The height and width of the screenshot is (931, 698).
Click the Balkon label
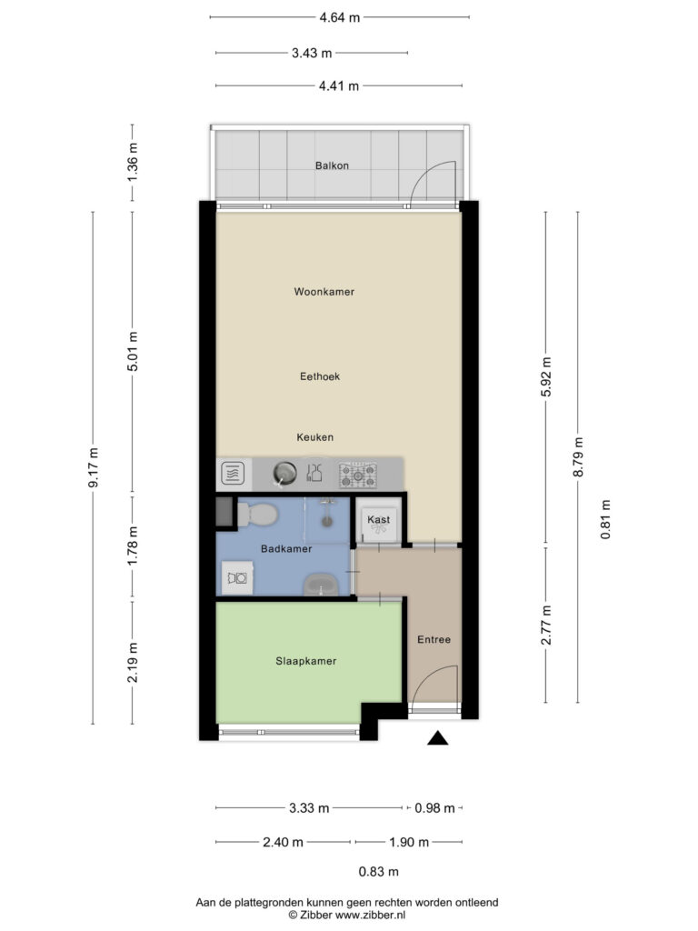tap(332, 165)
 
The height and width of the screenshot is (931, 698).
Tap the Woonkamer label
tap(324, 292)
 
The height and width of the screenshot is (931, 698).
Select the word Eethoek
tap(320, 376)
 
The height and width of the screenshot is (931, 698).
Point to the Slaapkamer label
tap(305, 661)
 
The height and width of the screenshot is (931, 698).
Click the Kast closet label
tap(379, 519)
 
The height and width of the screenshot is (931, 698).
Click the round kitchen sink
tap(284, 474)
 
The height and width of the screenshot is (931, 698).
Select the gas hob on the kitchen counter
tap(358, 475)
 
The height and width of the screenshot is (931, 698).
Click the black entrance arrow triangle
tap(438, 737)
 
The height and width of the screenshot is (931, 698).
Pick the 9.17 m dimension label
tap(94, 468)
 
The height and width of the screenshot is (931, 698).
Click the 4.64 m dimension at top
tap(340, 17)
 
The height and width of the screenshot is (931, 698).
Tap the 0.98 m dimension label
tap(434, 808)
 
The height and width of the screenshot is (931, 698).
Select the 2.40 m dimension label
tap(284, 842)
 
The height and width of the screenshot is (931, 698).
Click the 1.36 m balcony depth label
tap(133, 163)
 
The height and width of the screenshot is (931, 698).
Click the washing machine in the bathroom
tap(237, 577)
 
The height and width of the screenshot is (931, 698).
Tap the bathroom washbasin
tap(321, 585)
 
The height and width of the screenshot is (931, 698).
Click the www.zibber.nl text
tap(371, 915)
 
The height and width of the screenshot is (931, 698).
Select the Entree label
tap(434, 639)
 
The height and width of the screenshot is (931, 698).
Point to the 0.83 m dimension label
tap(379, 872)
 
